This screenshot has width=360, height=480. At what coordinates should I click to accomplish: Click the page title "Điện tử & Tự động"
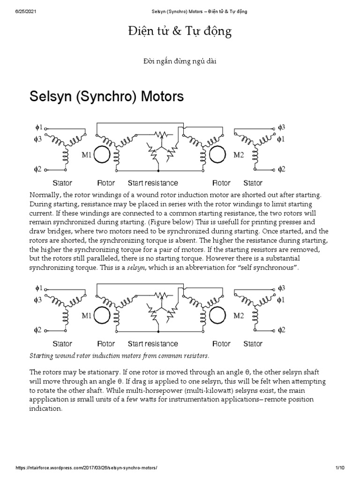pyautogui.click(x=180, y=32)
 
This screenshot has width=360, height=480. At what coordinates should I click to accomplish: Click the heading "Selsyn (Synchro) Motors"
pyautogui.click(x=106, y=97)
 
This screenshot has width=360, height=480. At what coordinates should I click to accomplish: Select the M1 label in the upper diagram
pyautogui.click(x=86, y=155)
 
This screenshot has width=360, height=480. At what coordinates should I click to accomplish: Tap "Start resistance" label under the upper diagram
pyautogui.click(x=153, y=183)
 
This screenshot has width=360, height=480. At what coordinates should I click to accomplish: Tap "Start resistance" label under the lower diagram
pyautogui.click(x=153, y=344)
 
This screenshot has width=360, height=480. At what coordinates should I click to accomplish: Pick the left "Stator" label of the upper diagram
pyautogui.click(x=62, y=183)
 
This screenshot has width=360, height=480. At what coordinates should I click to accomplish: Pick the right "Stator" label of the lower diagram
pyautogui.click(x=253, y=344)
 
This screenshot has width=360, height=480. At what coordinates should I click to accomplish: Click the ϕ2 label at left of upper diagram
pyautogui.click(x=38, y=169)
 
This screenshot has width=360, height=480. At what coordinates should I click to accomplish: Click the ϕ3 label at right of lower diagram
pyautogui.click(x=281, y=288)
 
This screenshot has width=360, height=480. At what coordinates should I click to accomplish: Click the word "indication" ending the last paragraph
pyautogui.click(x=45, y=408)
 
